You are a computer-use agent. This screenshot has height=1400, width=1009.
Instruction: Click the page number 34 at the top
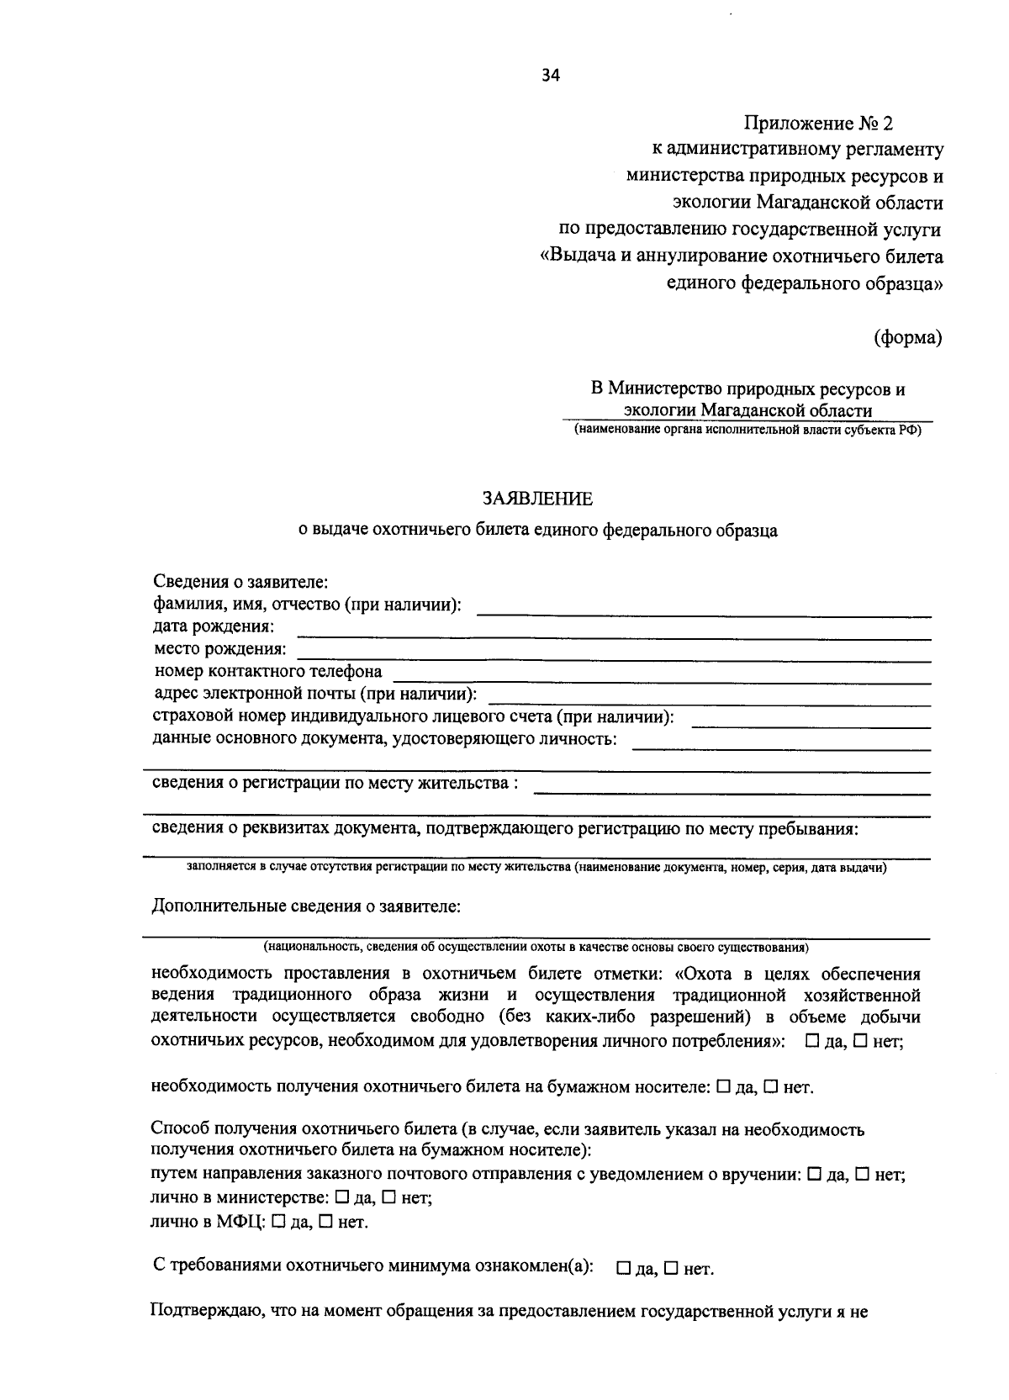[550, 75]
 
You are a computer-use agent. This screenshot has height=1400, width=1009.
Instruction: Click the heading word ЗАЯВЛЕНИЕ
[537, 499]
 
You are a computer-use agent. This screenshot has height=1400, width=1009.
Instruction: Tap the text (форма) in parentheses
[907, 338]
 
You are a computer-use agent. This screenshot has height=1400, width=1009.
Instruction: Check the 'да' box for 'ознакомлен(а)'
[623, 1268]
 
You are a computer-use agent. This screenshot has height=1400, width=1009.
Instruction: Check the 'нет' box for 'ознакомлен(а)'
[670, 1268]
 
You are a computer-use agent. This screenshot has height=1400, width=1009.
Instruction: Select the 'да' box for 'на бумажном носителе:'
[723, 1086]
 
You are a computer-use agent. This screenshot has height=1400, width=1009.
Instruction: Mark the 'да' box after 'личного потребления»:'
[812, 1040]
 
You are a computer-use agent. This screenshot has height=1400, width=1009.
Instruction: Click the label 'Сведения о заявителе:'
[240, 581]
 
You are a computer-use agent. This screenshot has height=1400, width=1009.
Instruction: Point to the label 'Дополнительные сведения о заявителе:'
[305, 906]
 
